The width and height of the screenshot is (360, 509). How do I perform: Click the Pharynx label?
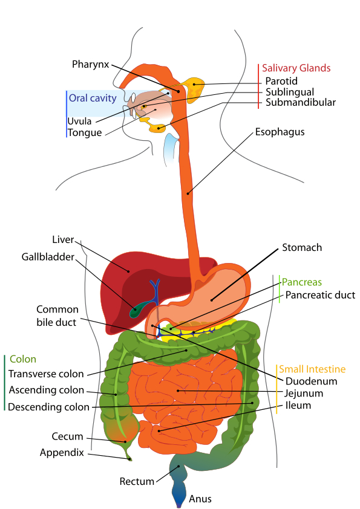pos(90,63)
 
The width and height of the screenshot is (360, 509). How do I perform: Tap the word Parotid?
pos(281,82)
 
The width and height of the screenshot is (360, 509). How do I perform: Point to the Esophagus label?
pos(280,131)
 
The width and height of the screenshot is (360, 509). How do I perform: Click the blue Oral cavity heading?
pos(92,98)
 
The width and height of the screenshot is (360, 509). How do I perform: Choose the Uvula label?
pos(79,121)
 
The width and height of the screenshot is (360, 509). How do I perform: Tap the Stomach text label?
pos(302,248)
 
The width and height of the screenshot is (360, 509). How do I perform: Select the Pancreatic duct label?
pos(320,295)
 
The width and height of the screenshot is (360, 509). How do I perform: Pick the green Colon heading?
pos(22,359)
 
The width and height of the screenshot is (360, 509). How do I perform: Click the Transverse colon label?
pos(46,374)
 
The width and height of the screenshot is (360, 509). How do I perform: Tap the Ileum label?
pos(298,406)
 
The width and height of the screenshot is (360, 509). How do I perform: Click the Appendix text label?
pos(62,452)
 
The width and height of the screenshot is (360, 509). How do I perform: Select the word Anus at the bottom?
pos(200,499)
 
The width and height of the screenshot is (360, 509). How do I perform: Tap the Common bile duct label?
pos(56,316)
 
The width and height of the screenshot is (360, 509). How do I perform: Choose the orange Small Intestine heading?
pos(312,369)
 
